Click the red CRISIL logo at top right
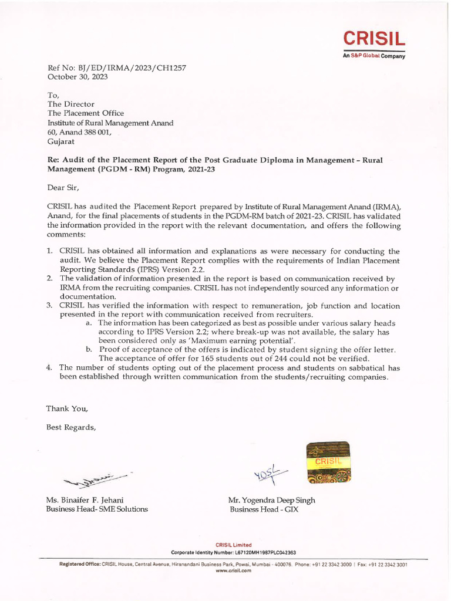(x=374, y=40)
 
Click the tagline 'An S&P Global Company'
(x=374, y=56)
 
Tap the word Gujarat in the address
(x=60, y=141)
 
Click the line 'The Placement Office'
(x=85, y=113)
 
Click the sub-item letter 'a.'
(x=89, y=323)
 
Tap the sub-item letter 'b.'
(x=89, y=349)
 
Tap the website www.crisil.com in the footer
(x=234, y=570)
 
